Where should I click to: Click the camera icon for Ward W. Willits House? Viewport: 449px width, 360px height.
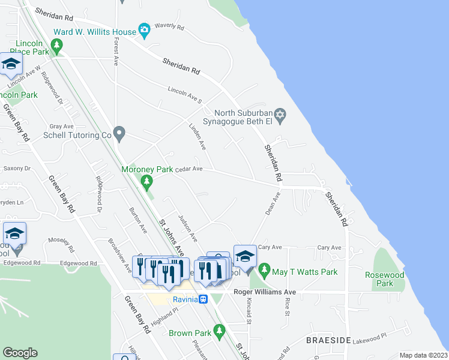coord(143,29)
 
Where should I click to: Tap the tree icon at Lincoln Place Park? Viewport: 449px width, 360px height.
coord(57,44)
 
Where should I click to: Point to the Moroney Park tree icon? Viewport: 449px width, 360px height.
coord(145,181)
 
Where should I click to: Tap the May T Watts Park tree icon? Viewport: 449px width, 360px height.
coord(264,272)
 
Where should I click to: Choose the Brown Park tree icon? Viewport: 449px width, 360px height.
coord(219,331)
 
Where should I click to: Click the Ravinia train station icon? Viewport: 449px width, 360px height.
coord(204,299)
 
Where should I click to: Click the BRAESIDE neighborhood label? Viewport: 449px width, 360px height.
coord(328,340)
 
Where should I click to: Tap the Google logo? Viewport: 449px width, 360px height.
coord(20,352)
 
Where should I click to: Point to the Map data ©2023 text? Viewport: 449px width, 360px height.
coord(423,355)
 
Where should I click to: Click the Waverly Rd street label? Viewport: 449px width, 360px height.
coord(169,26)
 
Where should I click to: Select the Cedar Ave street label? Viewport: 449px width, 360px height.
coord(188,169)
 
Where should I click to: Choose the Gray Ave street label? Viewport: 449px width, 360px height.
coord(61,127)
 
